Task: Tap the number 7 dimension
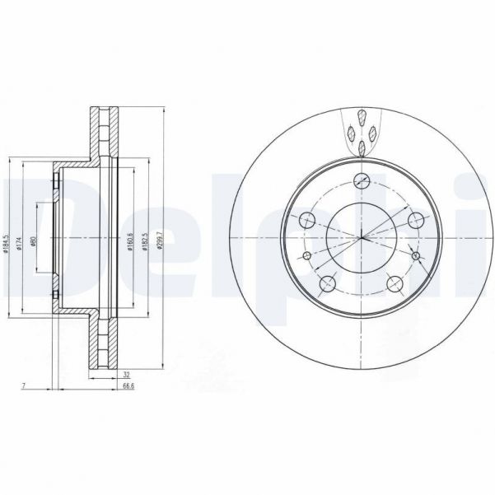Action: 26,385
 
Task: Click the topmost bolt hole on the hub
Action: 361,183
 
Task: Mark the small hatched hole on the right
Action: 416,257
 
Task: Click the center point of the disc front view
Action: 361,239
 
